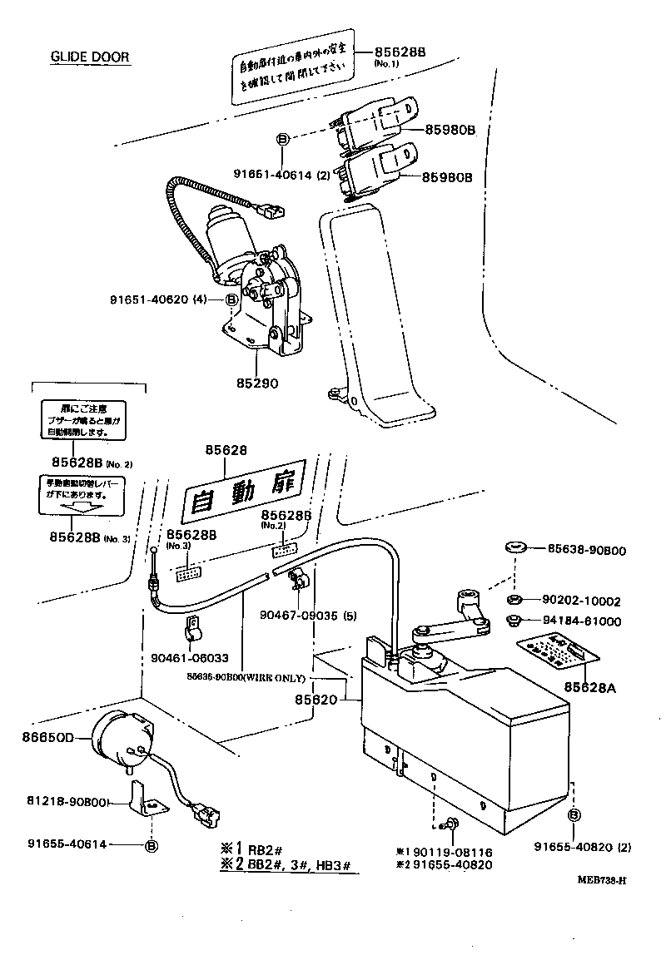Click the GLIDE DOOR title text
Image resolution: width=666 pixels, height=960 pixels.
[90, 57]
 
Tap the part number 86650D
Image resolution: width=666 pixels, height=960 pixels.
[47, 736]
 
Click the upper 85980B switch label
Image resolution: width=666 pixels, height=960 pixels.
[450, 130]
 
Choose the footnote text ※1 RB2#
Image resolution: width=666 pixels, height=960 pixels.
[254, 849]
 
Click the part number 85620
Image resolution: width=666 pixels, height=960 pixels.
[316, 700]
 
